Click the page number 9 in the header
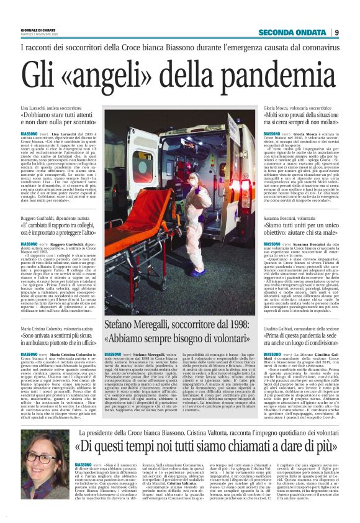click(x=353, y=32)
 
